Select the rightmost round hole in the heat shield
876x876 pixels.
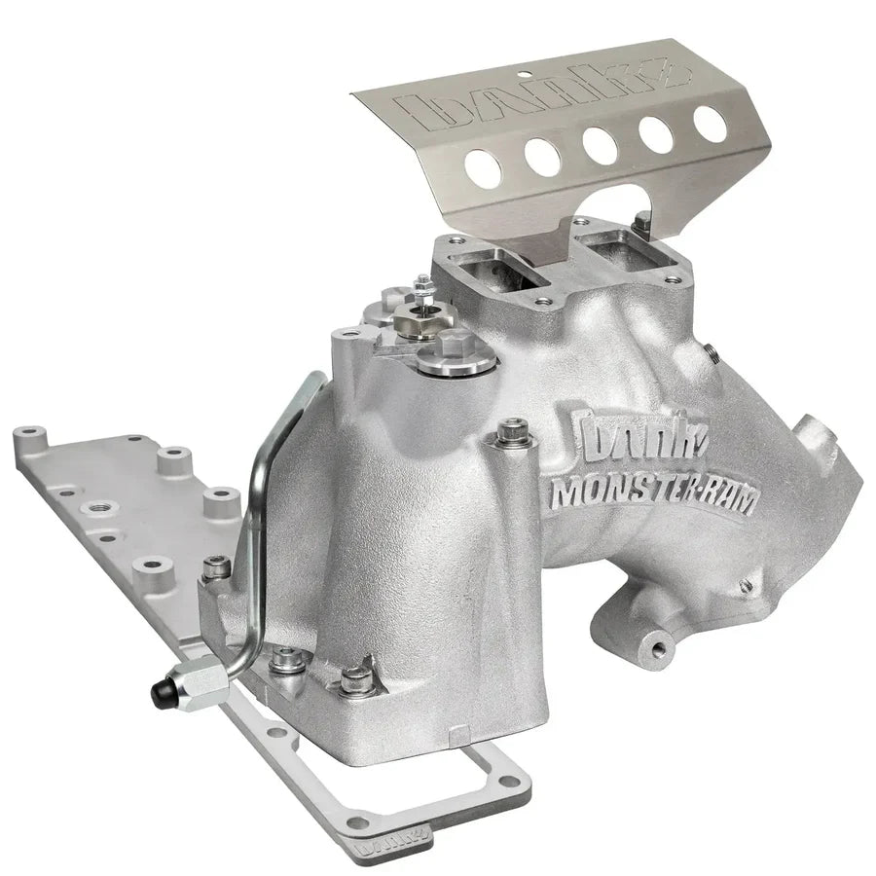pos(710,123)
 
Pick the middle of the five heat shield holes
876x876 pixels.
pos(598,144)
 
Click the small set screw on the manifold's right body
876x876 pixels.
pos(745,586)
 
